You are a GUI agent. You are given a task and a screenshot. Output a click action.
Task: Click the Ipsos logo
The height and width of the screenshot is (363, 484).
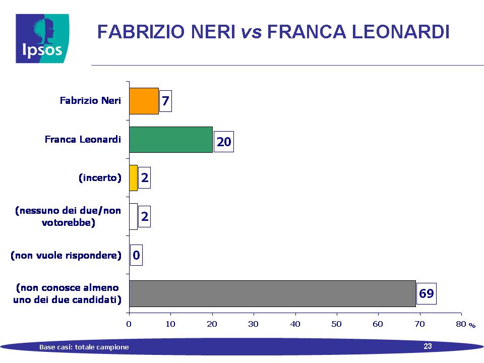point(42,38)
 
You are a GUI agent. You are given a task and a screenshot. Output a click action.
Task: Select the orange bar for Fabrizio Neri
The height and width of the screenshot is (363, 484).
point(144,101)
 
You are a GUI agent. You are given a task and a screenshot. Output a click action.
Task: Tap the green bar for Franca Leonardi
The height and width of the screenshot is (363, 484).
point(171,140)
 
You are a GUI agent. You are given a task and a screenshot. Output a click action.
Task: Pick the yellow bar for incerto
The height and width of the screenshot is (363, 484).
point(133,178)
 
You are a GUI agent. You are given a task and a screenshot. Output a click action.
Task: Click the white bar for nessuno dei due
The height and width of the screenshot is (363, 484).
point(133,216)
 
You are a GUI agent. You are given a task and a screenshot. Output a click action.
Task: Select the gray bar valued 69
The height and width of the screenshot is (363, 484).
point(273,293)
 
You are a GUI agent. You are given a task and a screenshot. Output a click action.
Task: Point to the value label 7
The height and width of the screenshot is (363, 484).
point(165,101)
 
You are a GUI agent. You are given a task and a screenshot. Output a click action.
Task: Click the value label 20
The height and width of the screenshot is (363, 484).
point(224,142)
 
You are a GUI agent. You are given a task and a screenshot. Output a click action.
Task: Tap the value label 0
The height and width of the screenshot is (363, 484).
point(136,255)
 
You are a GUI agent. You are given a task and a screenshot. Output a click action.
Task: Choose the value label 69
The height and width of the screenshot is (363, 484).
point(427,293)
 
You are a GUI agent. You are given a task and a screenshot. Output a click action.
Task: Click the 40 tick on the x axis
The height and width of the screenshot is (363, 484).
point(295,324)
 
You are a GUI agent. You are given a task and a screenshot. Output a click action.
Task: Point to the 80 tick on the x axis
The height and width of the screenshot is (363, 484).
point(461,324)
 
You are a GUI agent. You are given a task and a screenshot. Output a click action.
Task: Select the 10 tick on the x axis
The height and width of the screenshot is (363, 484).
point(170,324)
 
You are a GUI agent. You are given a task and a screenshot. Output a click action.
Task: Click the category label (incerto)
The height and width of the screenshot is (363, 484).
point(100,178)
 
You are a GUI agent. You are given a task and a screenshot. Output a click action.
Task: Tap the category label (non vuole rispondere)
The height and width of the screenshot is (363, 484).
point(66,255)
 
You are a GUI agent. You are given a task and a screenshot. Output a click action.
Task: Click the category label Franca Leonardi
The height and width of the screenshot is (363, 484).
point(83,139)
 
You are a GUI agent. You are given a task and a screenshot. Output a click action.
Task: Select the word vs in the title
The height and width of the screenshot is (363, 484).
point(251,32)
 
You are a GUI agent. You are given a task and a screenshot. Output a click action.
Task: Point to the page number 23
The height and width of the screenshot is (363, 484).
point(428,346)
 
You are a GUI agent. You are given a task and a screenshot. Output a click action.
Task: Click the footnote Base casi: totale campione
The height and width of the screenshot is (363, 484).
point(84,347)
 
